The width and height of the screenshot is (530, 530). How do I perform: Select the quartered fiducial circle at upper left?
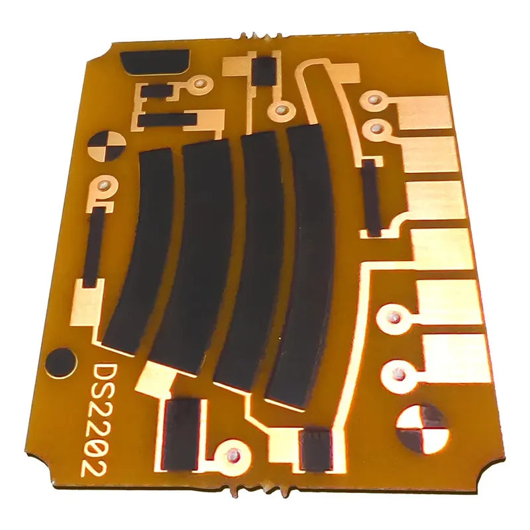click(107, 146)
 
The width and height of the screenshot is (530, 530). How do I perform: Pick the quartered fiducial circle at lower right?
click(422, 429)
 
